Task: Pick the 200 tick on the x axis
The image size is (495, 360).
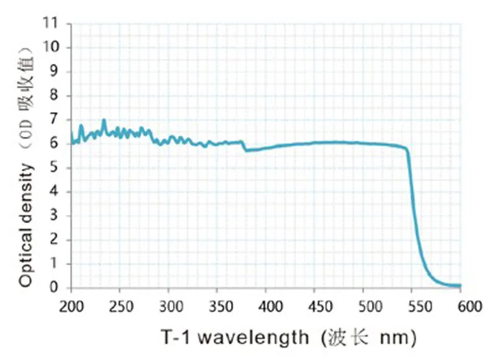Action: pos(71,305)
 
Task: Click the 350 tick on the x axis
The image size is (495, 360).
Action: pos(217,305)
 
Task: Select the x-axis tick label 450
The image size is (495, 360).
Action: pos(315,305)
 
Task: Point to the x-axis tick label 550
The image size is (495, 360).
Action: pos(412,305)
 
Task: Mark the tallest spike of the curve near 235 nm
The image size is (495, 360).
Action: pos(104,120)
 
